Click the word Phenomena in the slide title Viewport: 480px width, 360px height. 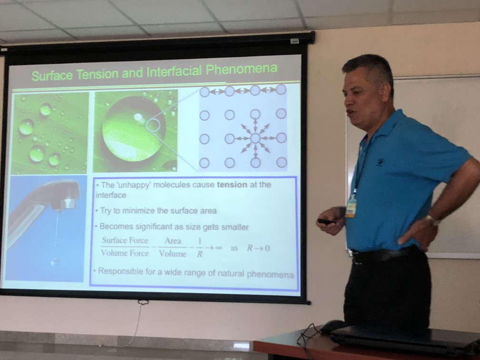(241, 70)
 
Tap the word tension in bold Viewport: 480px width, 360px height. (232, 185)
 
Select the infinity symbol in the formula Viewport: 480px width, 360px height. (218, 247)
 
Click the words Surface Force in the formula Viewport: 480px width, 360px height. (125, 240)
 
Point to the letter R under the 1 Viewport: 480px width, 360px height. (200, 254)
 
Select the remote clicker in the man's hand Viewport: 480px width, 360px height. (325, 221)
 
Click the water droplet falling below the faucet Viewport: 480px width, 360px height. (55, 262)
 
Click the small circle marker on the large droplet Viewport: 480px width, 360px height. (154, 126)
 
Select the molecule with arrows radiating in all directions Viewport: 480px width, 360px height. (255, 139)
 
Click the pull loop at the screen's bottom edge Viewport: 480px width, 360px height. (143, 302)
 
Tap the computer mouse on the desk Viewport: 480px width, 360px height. (333, 326)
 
